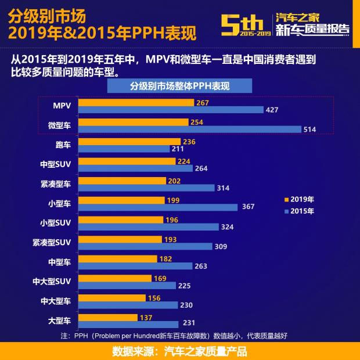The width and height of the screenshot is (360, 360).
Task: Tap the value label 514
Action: point(309,129)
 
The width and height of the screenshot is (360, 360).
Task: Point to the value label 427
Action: point(272,110)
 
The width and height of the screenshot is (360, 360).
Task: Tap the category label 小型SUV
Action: point(55,223)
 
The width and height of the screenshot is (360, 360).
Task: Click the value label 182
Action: point(165,258)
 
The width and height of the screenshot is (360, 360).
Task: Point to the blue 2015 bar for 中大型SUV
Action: point(127,285)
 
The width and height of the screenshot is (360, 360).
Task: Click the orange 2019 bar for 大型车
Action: point(107,318)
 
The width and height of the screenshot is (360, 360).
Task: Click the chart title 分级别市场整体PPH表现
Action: point(179,86)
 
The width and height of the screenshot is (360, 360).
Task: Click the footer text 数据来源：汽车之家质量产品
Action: point(179,351)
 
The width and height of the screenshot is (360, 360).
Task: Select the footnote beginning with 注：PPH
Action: point(174,336)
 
